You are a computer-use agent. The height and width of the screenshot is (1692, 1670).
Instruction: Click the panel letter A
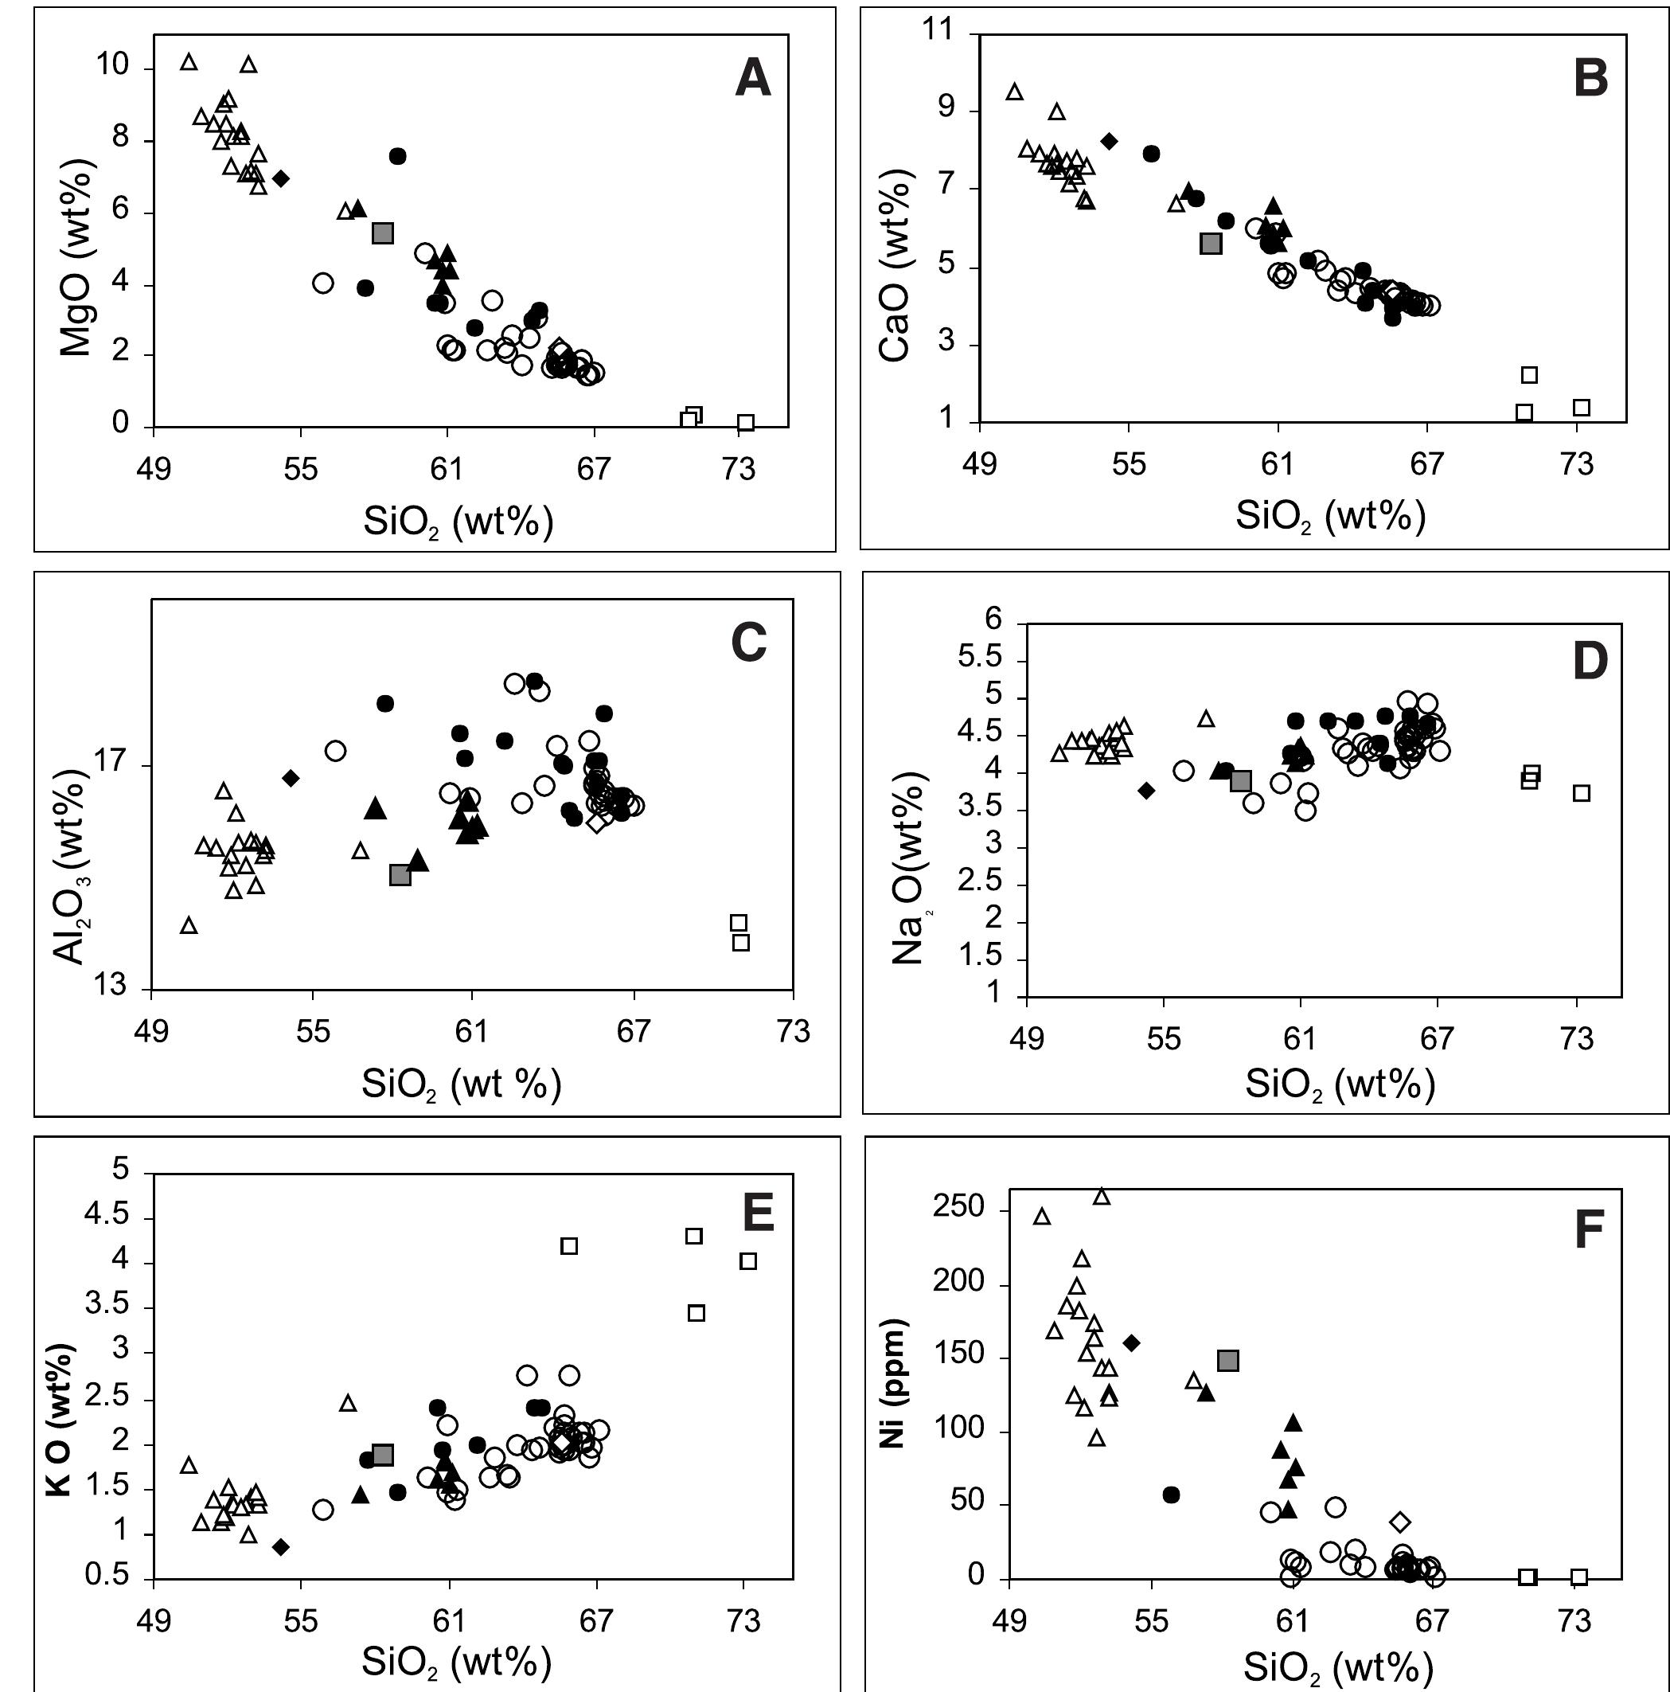tap(752, 78)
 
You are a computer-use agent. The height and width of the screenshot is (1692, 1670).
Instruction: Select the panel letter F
tap(1589, 1230)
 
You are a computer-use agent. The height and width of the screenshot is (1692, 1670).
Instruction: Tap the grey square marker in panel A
tap(383, 233)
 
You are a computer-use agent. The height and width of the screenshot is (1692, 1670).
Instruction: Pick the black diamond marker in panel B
tap(1110, 141)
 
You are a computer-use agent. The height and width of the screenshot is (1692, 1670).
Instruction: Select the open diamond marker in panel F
tap(1401, 1522)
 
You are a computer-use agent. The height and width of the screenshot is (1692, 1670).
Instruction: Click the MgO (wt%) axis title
tap(76, 257)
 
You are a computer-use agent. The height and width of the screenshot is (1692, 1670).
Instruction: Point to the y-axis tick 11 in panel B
tap(937, 30)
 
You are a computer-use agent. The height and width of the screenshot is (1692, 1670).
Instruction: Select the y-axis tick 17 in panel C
tap(111, 763)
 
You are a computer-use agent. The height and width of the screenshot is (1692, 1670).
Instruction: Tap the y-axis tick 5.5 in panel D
tap(980, 658)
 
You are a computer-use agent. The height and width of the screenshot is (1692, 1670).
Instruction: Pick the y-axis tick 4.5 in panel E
tap(105, 1216)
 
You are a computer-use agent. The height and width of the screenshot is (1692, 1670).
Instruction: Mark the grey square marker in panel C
tap(400, 874)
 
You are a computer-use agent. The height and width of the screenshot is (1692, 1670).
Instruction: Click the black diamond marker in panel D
tap(1146, 791)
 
